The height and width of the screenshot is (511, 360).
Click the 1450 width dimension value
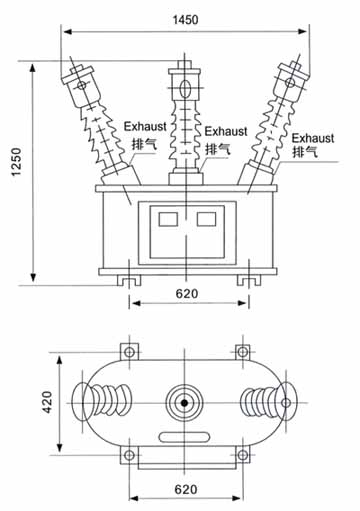(x=185, y=20)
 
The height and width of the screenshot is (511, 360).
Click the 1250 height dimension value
(x=16, y=162)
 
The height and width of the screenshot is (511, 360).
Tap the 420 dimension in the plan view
(x=47, y=402)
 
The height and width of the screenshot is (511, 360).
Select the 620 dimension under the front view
(x=187, y=294)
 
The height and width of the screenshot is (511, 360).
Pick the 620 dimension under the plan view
(x=186, y=489)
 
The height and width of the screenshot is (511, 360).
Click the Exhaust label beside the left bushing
(x=145, y=126)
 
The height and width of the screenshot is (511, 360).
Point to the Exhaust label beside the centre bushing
(x=226, y=131)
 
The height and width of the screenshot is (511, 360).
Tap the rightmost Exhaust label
(x=313, y=138)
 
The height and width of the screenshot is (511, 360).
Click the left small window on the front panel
(x=168, y=219)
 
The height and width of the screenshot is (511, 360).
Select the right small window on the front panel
(x=206, y=219)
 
